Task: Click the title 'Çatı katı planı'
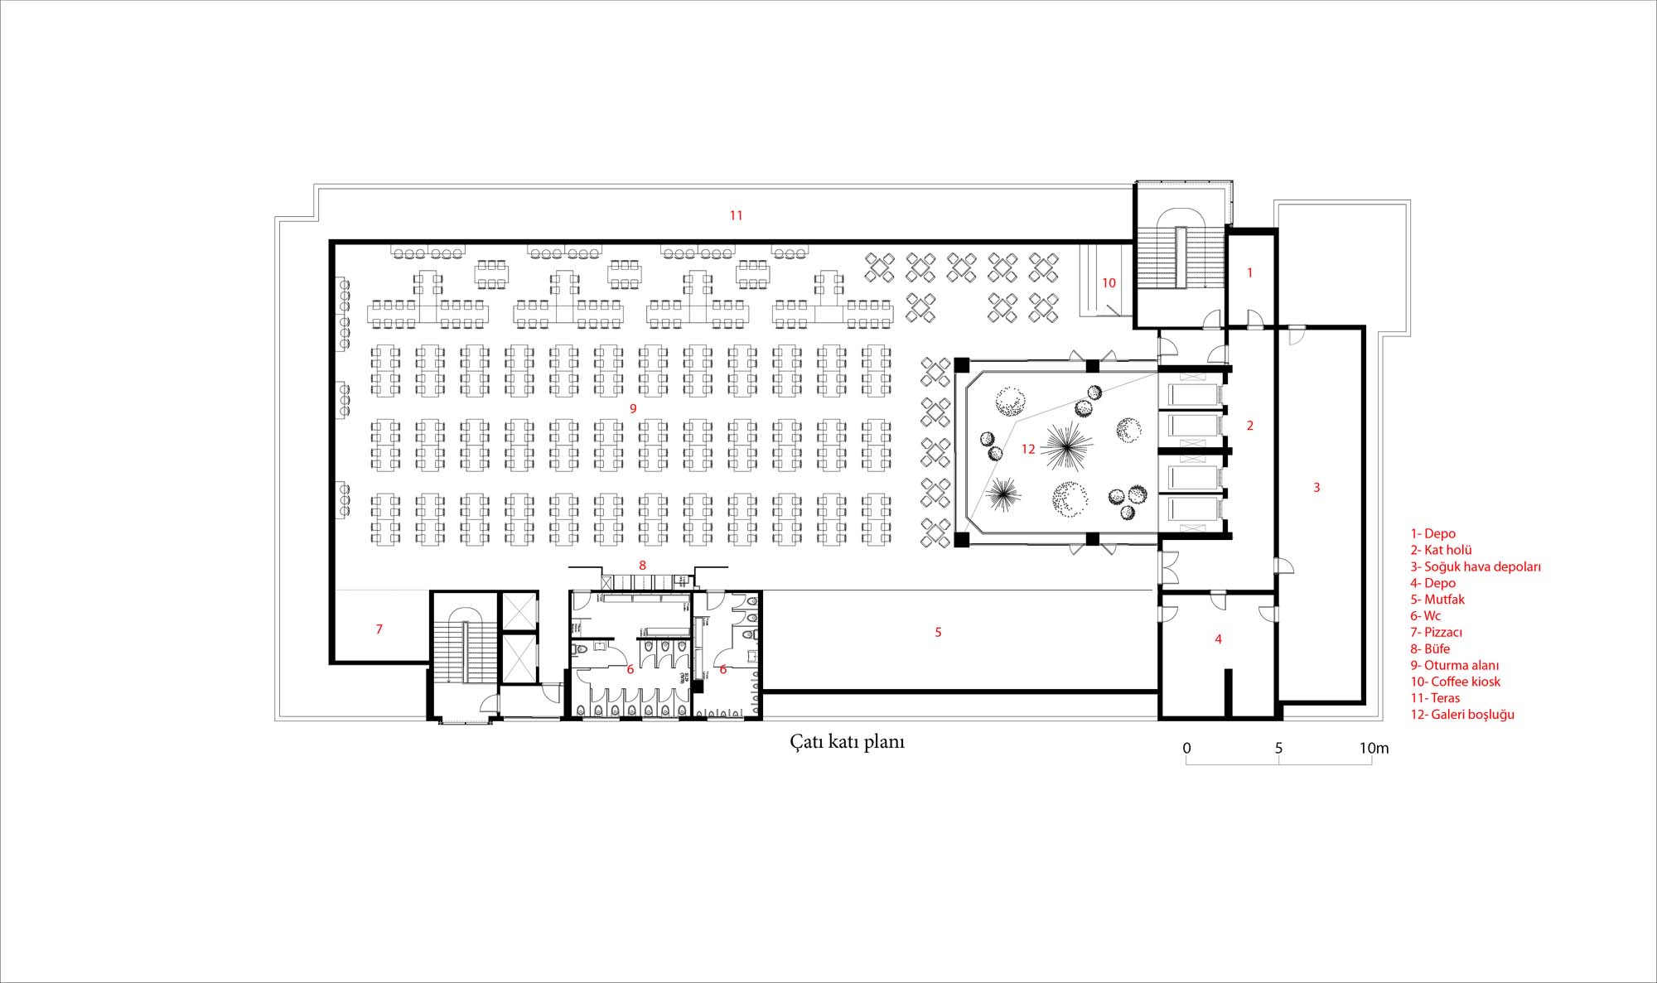[x=847, y=741]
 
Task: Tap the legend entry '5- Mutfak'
[x=1437, y=600]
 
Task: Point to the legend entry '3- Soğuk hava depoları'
[x=1476, y=566]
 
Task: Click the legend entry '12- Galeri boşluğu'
[x=1462, y=715]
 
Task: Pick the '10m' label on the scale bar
[x=1374, y=748]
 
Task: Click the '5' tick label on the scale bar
[x=1278, y=748]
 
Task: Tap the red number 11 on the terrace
[x=736, y=215]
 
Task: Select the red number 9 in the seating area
[x=633, y=408]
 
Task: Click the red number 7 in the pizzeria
[x=379, y=629]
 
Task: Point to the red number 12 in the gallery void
[x=1028, y=449]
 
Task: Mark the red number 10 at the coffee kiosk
[x=1109, y=283]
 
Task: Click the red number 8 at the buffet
[x=642, y=566]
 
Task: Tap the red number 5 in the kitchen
[x=938, y=632]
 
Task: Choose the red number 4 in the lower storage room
[x=1218, y=638]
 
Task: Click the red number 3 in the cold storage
[x=1316, y=488]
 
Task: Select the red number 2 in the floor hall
[x=1250, y=426]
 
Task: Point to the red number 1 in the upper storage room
[x=1250, y=272]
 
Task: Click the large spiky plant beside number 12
[x=1066, y=446]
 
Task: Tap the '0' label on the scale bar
[x=1186, y=748]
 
